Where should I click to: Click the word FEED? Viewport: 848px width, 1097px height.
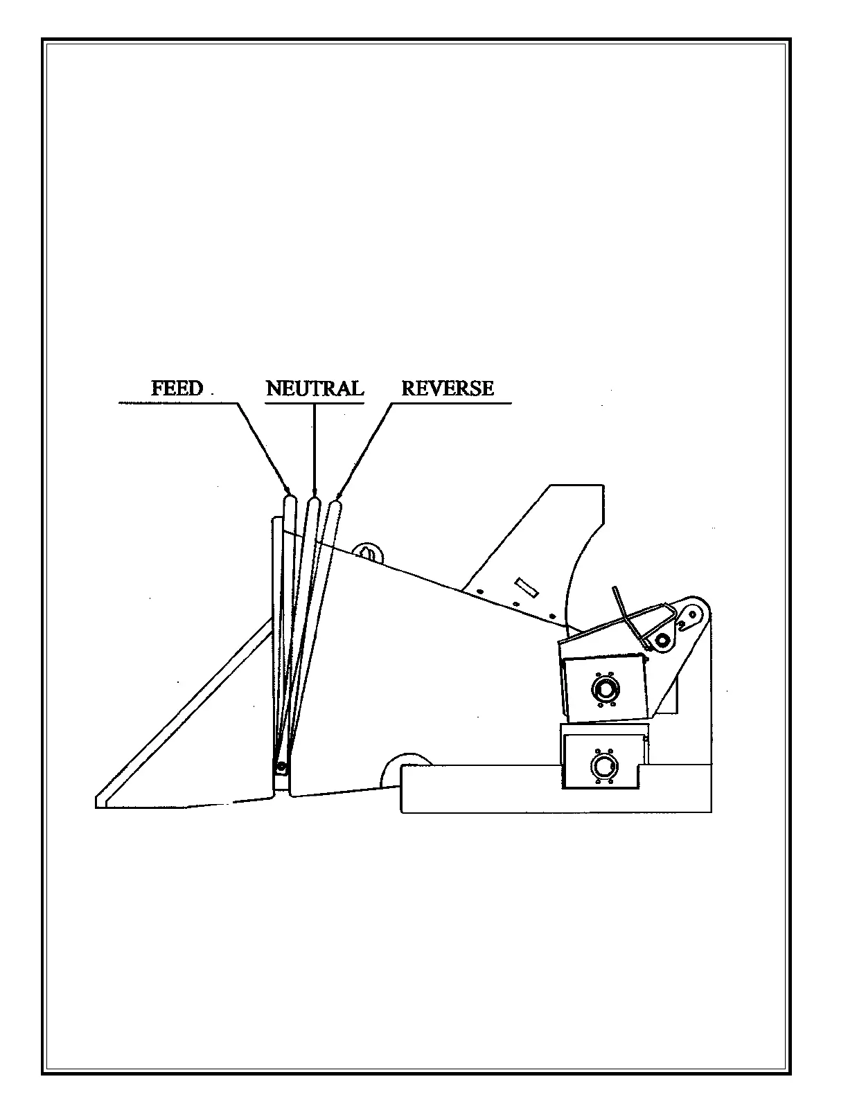(177, 388)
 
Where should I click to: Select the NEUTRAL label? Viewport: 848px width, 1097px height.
(315, 388)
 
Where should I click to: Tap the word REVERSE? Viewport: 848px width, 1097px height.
(448, 388)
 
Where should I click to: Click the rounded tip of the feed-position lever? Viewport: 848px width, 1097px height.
(290, 499)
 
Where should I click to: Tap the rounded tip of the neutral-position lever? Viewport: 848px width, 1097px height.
(313, 502)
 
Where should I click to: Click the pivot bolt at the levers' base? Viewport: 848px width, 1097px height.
(281, 767)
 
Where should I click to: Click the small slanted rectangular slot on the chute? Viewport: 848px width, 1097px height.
(527, 586)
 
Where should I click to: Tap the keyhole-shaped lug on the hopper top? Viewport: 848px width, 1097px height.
(368, 553)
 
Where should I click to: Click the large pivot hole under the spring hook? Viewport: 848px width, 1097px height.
(663, 640)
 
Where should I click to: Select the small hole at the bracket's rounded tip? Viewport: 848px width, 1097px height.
(690, 613)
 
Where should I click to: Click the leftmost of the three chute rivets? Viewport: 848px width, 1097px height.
(480, 591)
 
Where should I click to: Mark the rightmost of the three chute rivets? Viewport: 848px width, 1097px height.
(551, 615)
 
